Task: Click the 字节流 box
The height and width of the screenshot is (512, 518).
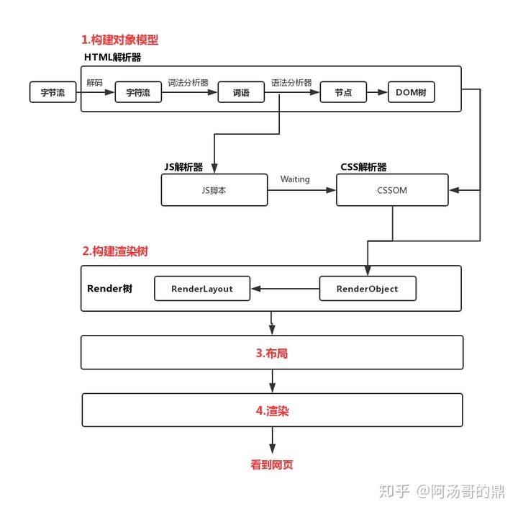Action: point(53,92)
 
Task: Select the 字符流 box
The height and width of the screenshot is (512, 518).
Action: point(138,93)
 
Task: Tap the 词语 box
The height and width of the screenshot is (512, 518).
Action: point(241,93)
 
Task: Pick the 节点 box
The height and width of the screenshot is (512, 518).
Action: point(343,93)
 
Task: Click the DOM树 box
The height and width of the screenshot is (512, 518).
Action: point(412,93)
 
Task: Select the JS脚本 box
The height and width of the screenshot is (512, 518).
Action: point(214,191)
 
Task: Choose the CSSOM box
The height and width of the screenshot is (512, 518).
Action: point(392,191)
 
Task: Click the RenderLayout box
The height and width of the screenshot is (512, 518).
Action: point(202,289)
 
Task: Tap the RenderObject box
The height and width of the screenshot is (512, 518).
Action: point(367,289)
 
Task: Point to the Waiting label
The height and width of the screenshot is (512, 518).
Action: point(295,179)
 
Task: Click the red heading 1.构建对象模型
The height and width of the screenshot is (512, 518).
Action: point(119,40)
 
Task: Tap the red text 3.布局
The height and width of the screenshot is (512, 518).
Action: point(272,354)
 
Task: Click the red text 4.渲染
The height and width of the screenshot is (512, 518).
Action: point(272,410)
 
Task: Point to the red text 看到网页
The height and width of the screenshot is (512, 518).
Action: point(272,465)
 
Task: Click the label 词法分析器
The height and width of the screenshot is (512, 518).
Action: point(188,83)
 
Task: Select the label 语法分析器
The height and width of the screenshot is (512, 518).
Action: point(291,83)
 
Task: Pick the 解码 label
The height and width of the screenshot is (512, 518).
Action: point(94,83)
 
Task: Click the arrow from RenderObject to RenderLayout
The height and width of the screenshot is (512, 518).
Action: point(285,289)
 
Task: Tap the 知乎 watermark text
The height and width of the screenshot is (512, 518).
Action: point(396,491)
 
